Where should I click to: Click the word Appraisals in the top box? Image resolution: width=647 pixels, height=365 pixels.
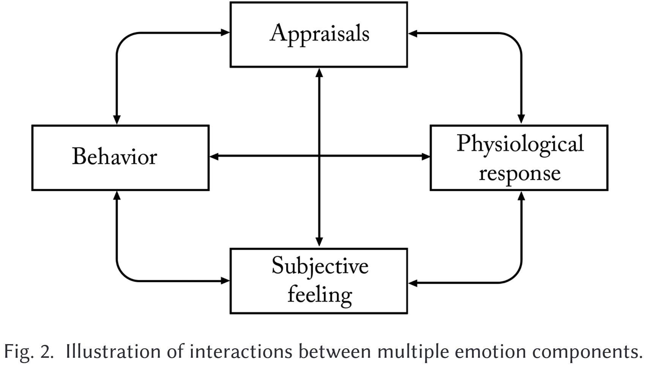[319, 35]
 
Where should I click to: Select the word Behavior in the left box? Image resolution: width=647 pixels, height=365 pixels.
[115, 156]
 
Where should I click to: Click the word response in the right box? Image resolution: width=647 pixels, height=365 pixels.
[520, 174]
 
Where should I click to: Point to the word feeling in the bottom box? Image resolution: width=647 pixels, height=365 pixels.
[320, 295]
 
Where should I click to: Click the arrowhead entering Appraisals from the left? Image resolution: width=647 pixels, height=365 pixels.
[225, 33]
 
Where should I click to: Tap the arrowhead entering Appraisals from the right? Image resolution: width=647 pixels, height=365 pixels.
[412, 33]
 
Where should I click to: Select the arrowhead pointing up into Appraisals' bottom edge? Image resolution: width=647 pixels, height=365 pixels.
[319, 72]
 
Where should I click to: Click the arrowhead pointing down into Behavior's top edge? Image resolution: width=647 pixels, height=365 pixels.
[117, 120]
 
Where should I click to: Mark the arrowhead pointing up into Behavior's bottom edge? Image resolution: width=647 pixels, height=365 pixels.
[117, 195]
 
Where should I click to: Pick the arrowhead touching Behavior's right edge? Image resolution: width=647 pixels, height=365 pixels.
[214, 156]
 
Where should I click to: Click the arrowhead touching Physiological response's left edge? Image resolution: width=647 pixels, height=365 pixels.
[426, 156]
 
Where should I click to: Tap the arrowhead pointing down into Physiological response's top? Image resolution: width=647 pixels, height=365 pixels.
[521, 119]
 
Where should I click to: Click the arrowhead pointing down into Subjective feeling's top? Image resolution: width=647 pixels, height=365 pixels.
[319, 242]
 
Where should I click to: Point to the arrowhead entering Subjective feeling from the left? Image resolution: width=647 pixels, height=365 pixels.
[225, 280]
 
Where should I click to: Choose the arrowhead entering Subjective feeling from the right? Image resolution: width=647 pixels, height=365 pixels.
[412, 283]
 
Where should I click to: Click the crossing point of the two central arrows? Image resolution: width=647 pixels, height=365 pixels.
[319, 156]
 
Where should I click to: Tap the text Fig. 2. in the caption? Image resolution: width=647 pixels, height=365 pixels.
[29, 352]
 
